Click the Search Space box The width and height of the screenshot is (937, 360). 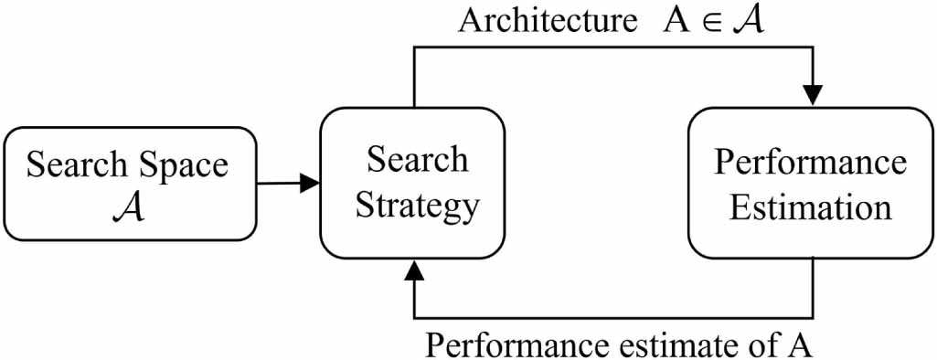point(128,184)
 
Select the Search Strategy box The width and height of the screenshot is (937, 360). point(412,184)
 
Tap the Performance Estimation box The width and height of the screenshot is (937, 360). point(810,184)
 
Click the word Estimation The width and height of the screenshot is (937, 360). point(810,206)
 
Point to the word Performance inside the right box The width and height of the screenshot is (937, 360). point(810,163)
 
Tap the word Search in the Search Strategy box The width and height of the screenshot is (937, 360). point(417,160)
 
